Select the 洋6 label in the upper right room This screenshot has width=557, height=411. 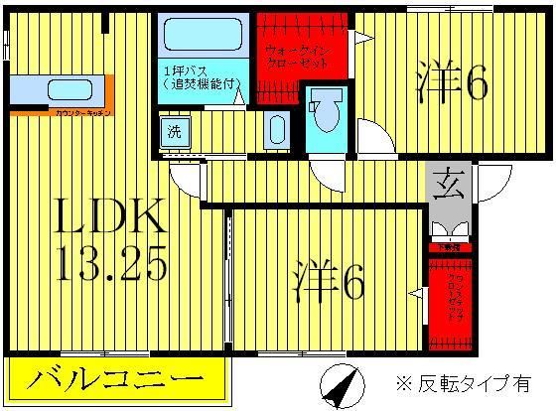pos(452,85)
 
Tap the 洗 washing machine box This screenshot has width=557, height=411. pos(173,129)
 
